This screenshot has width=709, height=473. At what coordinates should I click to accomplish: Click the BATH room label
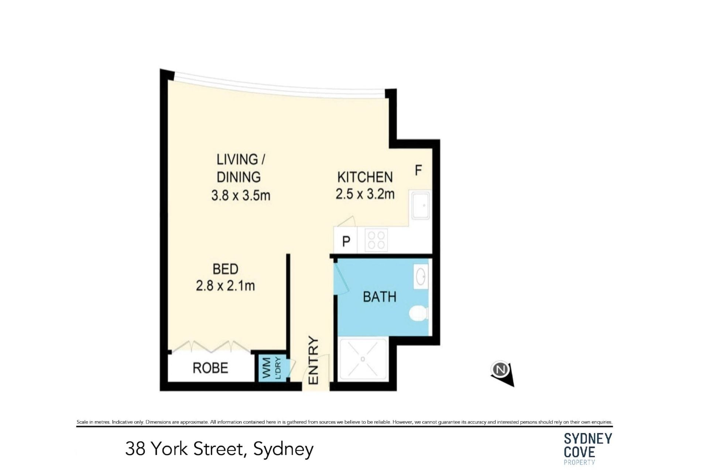(380, 297)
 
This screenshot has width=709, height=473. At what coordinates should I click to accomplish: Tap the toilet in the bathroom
(418, 313)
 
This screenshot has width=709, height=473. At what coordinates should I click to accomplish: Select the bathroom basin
(421, 276)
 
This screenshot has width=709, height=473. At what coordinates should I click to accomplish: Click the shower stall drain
(363, 359)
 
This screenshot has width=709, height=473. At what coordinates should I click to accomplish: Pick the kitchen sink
(421, 205)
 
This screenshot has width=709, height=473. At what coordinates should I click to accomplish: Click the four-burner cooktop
(376, 240)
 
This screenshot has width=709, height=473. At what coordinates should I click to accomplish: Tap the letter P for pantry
(346, 242)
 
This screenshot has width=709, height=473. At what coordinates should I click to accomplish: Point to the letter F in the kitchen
(418, 170)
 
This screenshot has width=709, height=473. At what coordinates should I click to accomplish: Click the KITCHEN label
(365, 177)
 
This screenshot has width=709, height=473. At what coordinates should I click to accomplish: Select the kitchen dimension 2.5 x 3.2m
(365, 194)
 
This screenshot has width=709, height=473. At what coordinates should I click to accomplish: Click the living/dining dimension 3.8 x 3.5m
(241, 195)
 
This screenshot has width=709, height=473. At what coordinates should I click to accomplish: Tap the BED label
(225, 269)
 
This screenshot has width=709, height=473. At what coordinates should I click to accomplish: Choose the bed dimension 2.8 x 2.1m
(225, 286)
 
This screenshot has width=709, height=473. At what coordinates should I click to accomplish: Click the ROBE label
(210, 368)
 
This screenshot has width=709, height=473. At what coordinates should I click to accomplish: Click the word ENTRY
(313, 360)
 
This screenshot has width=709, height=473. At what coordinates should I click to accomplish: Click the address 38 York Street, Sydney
(219, 449)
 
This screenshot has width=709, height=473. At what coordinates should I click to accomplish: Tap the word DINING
(239, 177)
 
